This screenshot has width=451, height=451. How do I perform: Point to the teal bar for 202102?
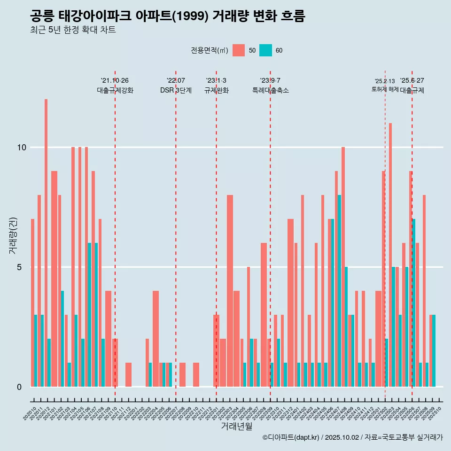(x=62, y=339)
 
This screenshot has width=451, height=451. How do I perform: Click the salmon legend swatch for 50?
(x=239, y=50)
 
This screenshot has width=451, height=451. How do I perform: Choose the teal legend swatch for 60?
(x=265, y=50)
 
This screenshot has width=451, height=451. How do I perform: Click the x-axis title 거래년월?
(x=236, y=427)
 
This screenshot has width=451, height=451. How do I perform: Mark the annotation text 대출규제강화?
(x=115, y=90)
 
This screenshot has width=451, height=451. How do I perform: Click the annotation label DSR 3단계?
(x=176, y=90)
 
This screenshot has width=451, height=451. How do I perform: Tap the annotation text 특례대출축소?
(x=270, y=90)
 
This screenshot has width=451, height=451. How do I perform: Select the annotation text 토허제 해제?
(x=385, y=89)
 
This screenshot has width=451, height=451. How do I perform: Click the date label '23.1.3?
(x=216, y=80)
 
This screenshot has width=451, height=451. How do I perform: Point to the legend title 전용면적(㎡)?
(x=210, y=50)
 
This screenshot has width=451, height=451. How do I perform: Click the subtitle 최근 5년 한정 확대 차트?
(x=73, y=30)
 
